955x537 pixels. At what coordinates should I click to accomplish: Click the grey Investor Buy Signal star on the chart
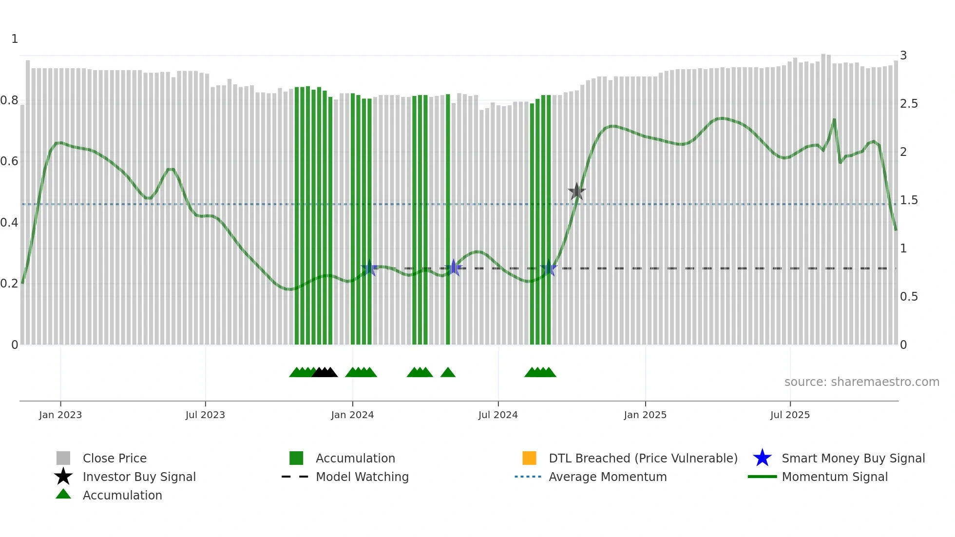tap(577, 192)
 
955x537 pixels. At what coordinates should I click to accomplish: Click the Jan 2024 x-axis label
tap(352, 415)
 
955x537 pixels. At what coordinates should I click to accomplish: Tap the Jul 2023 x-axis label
tap(205, 415)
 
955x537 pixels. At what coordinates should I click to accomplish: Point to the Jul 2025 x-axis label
tap(790, 415)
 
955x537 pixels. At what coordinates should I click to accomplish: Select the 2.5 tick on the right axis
tap(909, 104)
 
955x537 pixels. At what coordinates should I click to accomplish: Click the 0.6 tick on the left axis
tap(9, 161)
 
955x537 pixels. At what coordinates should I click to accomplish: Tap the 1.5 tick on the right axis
tap(909, 200)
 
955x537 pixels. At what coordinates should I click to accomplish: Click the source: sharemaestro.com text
tap(861, 382)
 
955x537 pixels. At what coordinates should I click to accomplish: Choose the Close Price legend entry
tap(115, 458)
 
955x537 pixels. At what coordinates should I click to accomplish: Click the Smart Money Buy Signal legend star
tap(762, 458)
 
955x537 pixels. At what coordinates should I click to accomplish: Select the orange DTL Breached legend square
tap(529, 458)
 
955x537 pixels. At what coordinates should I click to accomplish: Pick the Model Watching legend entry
tap(362, 477)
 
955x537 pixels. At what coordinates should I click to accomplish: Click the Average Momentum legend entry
tap(608, 477)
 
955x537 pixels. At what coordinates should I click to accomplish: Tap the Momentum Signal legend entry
tap(835, 477)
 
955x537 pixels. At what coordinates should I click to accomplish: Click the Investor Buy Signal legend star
tap(63, 477)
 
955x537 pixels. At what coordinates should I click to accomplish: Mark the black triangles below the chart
tap(325, 373)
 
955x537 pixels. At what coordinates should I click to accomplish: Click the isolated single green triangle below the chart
tap(448, 373)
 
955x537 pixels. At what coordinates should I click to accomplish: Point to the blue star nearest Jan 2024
tap(369, 268)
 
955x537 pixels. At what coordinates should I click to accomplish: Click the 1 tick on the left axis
tap(15, 39)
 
